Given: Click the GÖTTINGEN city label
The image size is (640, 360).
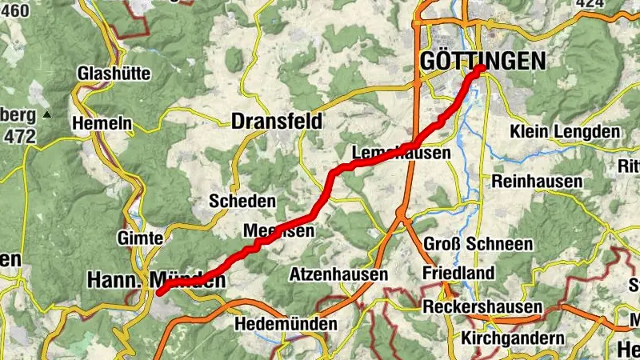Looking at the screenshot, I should click(x=482, y=61).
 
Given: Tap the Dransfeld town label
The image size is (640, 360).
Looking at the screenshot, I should click(x=277, y=122).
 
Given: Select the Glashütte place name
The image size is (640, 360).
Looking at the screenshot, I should click(x=114, y=74).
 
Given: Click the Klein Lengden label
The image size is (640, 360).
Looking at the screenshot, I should click(x=565, y=131).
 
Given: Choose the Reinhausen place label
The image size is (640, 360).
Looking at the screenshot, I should click(x=537, y=182).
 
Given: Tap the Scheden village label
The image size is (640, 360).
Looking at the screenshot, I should click(x=242, y=201).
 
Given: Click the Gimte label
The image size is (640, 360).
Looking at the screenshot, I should click(x=140, y=238).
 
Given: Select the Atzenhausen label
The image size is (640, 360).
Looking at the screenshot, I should click(x=339, y=274).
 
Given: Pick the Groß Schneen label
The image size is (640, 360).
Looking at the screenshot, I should click(x=478, y=244).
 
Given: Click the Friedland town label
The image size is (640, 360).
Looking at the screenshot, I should click(x=458, y=274).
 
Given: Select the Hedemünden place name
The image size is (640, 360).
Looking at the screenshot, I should click(x=286, y=325).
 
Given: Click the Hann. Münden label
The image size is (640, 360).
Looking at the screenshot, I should click(x=155, y=281).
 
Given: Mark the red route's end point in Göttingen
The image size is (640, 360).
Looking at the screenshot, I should click(x=482, y=69).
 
